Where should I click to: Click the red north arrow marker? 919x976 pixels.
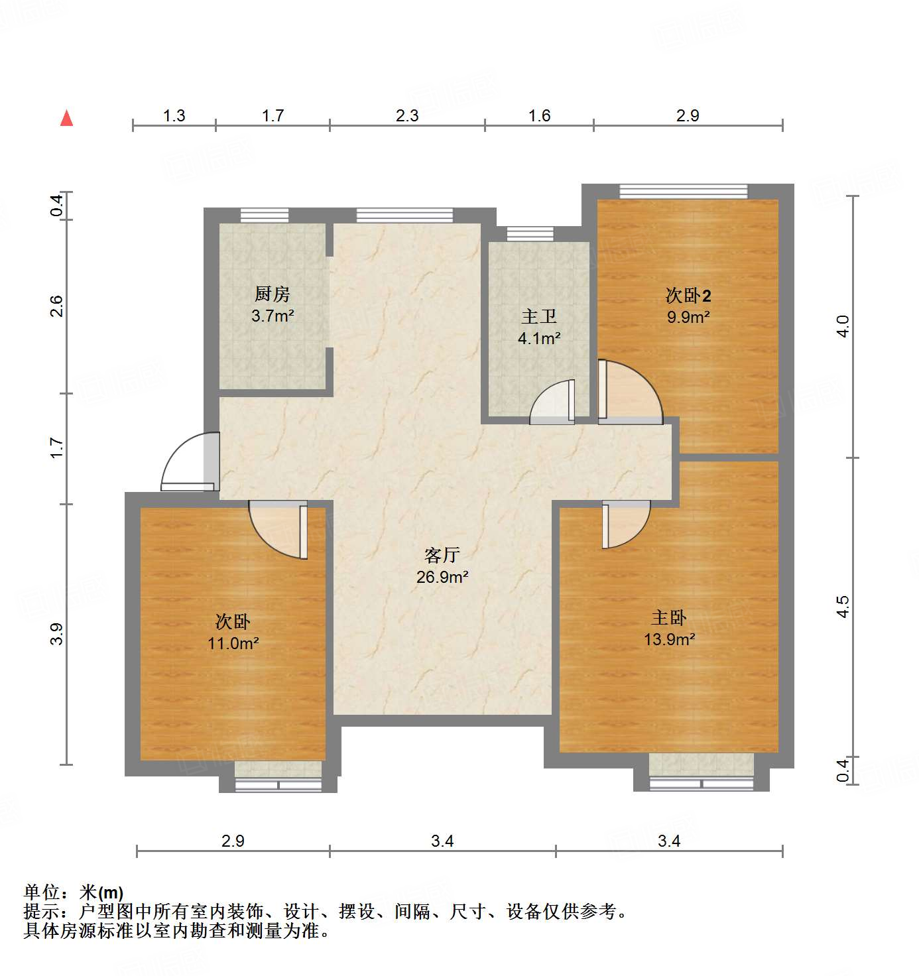tap(66, 118)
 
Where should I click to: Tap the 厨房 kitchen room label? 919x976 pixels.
tap(273, 294)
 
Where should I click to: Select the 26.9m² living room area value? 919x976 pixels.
tap(442, 577)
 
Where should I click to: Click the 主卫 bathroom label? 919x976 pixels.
tap(539, 317)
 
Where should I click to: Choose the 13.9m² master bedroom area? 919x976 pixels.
tap(669, 639)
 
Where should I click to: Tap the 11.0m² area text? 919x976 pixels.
tap(233, 643)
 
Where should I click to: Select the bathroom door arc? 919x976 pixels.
tap(552, 402)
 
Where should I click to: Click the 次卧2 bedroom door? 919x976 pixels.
tap(629, 393)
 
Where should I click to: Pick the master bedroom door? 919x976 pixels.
tap(625, 524)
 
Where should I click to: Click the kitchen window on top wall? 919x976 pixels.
tap(265, 215)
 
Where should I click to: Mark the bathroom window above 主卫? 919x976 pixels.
tap(530, 233)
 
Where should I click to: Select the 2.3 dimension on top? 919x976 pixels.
tap(407, 115)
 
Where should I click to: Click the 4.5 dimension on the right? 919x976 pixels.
tap(842, 607)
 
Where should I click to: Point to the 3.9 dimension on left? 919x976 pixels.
tap(57, 634)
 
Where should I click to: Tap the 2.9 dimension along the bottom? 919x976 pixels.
tap(233, 841)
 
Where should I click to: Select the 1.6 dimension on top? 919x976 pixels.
tap(539, 115)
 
